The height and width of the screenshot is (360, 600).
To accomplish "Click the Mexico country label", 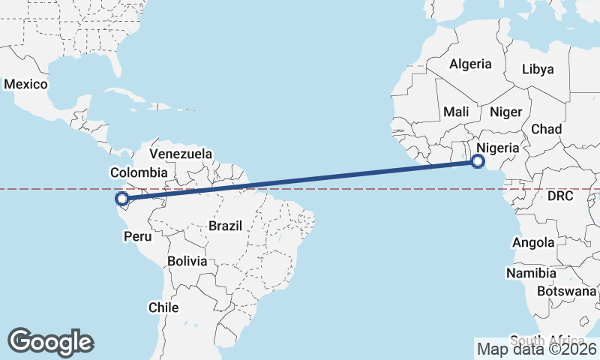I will [x=25, y=84].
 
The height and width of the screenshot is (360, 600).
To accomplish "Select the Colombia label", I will [x=139, y=172].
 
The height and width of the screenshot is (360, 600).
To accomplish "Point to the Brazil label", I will [x=225, y=225].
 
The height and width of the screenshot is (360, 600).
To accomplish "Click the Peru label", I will [x=137, y=236].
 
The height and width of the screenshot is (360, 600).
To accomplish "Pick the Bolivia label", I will [x=187, y=261].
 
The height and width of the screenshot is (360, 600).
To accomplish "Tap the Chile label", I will [x=163, y=307].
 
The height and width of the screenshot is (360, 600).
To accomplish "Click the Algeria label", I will [x=470, y=64].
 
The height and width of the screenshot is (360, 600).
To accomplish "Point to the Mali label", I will [x=456, y=112].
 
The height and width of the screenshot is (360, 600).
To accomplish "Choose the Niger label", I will [x=505, y=112].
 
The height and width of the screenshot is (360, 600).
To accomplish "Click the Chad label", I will [x=546, y=129].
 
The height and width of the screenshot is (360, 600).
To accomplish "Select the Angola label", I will [x=533, y=242].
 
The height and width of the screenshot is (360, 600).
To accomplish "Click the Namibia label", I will [x=531, y=273].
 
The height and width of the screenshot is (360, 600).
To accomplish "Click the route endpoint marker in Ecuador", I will [x=121, y=199].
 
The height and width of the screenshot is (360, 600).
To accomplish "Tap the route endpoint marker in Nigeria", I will [x=478, y=160].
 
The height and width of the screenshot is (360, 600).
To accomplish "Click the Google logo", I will [x=50, y=342].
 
